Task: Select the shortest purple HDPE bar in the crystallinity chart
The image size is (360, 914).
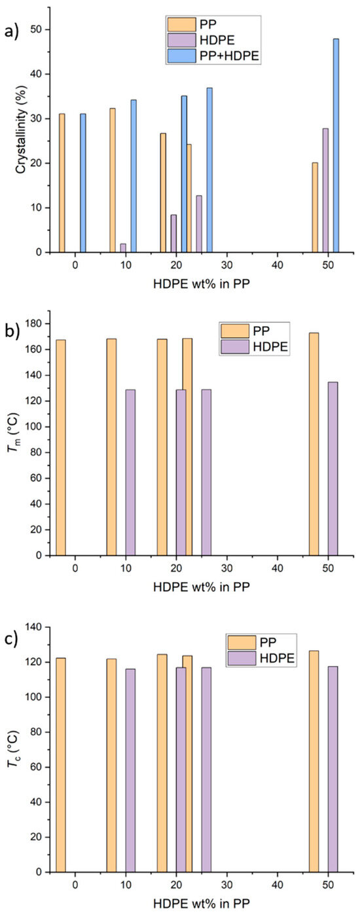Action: coord(123,247)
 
